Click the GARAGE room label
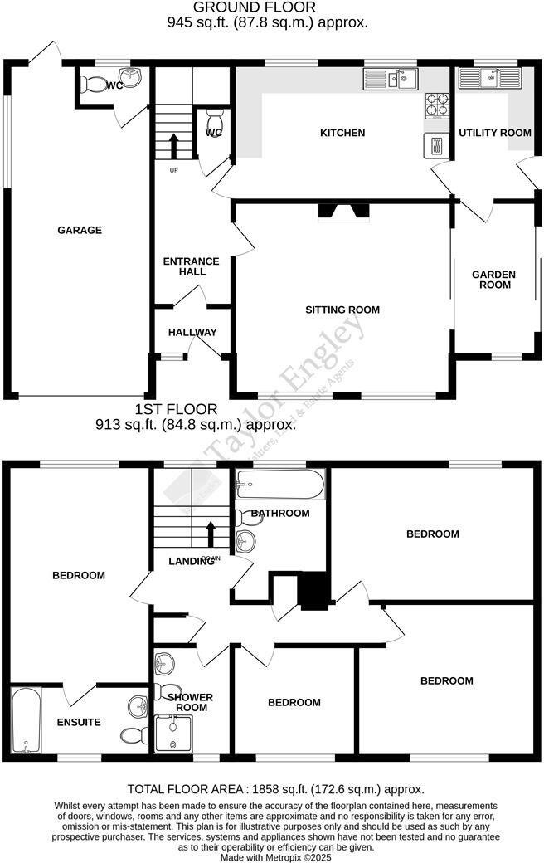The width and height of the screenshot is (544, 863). (x=80, y=230)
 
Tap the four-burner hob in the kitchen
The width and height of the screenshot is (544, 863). (x=437, y=105)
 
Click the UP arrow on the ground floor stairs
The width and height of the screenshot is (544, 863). (x=174, y=146)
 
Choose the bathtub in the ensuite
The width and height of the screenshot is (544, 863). (x=25, y=721)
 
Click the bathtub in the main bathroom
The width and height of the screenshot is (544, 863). (x=279, y=484)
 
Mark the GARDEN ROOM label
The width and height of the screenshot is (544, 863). (x=493, y=280)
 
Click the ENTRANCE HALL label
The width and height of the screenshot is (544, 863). (x=191, y=266)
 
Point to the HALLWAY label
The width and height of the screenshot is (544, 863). (x=192, y=332)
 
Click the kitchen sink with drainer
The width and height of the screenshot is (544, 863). (x=390, y=80)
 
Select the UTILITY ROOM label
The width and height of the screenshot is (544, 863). (x=495, y=133)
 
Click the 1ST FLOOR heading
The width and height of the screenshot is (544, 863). (x=177, y=409)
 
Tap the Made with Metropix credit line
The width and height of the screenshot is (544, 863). (x=274, y=857)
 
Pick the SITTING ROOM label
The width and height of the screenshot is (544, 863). (x=342, y=310)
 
